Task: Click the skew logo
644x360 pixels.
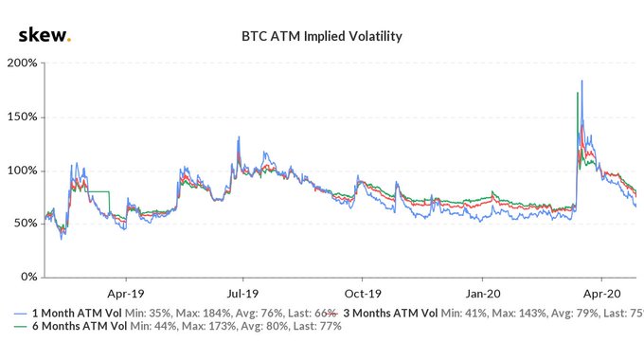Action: coord(44,36)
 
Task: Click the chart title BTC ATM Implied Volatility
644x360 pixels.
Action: coord(322,37)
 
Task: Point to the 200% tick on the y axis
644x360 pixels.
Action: coord(23,63)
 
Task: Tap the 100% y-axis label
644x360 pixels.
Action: coord(23,171)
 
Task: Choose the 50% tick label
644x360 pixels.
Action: coord(26,224)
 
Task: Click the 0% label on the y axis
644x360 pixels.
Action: coord(28,277)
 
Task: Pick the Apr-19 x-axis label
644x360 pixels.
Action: coord(123,293)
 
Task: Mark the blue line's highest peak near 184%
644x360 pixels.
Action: coord(581,81)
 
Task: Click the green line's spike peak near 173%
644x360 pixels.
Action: coord(577,93)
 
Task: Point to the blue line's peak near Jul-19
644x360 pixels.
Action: coord(239,137)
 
